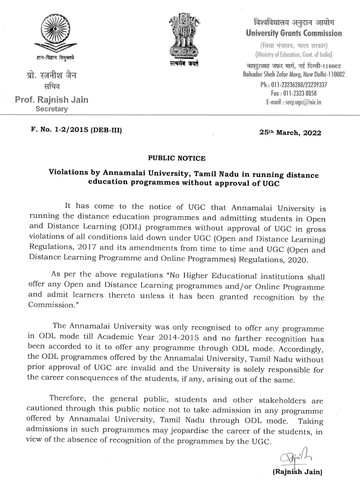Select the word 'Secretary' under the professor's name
(x=52, y=109)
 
